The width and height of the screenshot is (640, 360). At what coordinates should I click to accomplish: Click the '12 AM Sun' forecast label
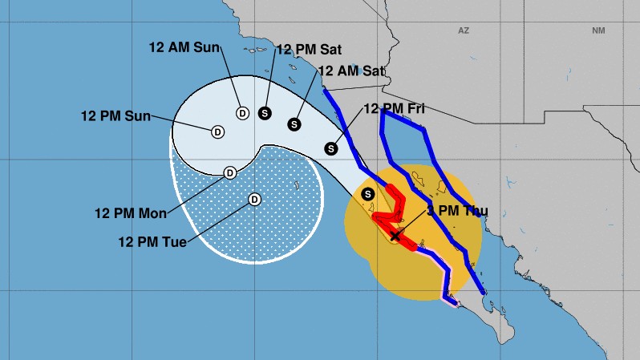pyautogui.click(x=184, y=47)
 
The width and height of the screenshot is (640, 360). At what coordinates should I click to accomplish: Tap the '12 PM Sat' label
pyautogui.click(x=309, y=48)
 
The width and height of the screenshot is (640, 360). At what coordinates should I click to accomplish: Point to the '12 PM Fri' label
pyautogui.click(x=393, y=108)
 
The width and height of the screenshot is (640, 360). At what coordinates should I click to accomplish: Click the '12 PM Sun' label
pyautogui.click(x=116, y=115)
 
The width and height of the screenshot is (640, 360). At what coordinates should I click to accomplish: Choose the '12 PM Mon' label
pyautogui.click(x=130, y=212)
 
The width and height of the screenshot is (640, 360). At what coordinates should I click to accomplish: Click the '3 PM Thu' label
pyautogui.click(x=456, y=211)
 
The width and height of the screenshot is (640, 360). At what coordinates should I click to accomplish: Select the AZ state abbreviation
pyautogui.click(x=463, y=30)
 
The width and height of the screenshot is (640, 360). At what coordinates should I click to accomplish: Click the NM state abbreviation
pyautogui.click(x=597, y=30)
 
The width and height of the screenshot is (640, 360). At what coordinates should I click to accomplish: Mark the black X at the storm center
pyautogui.click(x=395, y=236)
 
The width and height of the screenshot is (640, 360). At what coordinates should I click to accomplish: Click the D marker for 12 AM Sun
pyautogui.click(x=241, y=113)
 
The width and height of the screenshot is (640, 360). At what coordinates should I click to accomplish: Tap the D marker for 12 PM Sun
pyautogui.click(x=217, y=131)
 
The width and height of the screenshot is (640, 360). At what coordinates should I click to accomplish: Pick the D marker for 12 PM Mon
pyautogui.click(x=229, y=172)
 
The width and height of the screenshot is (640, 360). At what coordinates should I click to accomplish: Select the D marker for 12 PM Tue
pyautogui.click(x=254, y=200)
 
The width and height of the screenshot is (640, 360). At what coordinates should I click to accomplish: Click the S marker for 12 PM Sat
pyautogui.click(x=265, y=113)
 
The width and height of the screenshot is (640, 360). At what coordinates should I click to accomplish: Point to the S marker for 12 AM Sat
pyautogui.click(x=294, y=124)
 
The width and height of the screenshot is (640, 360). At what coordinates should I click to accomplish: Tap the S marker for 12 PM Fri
pyautogui.click(x=331, y=148)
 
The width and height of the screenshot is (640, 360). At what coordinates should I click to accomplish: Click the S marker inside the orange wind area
pyautogui.click(x=368, y=194)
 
